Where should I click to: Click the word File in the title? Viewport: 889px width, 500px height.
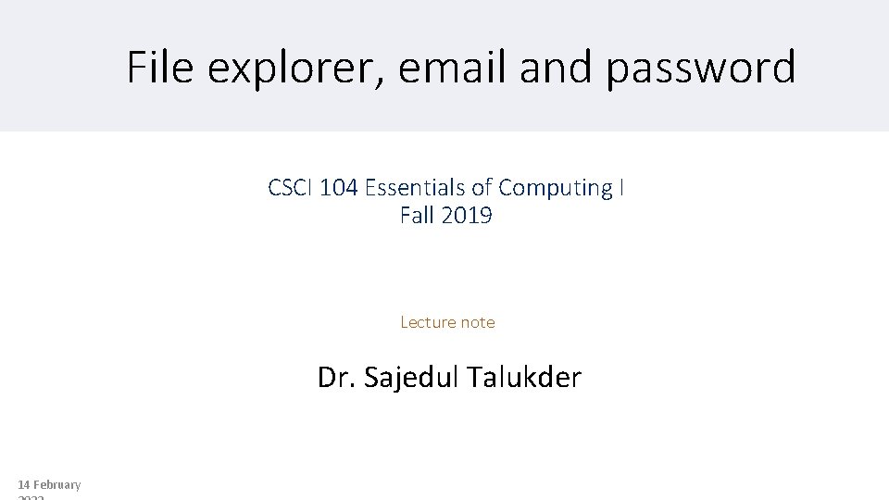tap(159, 68)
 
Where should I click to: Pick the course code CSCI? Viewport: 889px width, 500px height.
tap(290, 188)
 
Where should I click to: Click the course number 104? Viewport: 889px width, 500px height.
tap(340, 188)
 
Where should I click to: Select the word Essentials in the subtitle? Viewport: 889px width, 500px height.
tap(416, 188)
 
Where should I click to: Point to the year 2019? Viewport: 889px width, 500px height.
tap(467, 217)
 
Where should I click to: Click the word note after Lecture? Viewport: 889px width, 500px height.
tap(478, 322)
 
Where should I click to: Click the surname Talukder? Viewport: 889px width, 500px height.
tap(524, 378)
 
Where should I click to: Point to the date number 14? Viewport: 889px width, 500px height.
tap(24, 485)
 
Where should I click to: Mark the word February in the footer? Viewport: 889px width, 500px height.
tap(57, 485)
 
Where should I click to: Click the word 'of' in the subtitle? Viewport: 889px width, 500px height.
tap(482, 188)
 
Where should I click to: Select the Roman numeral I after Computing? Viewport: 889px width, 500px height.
tap(621, 188)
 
